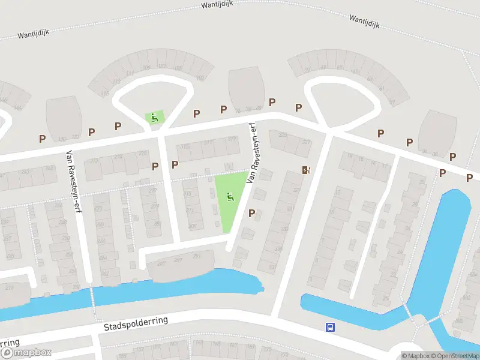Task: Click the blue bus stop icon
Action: pos(330,327)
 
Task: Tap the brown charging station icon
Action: pos(306,170)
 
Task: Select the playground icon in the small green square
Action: pos(155,118)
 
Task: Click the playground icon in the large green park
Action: pos(230,196)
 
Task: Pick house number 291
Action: pos(197,257)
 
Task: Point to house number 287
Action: pos(161,263)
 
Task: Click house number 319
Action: pos(232,139)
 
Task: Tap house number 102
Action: pos(200,78)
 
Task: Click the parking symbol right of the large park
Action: pos(252,213)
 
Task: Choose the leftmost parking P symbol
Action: pos(42,139)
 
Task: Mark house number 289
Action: pos(178,260)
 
